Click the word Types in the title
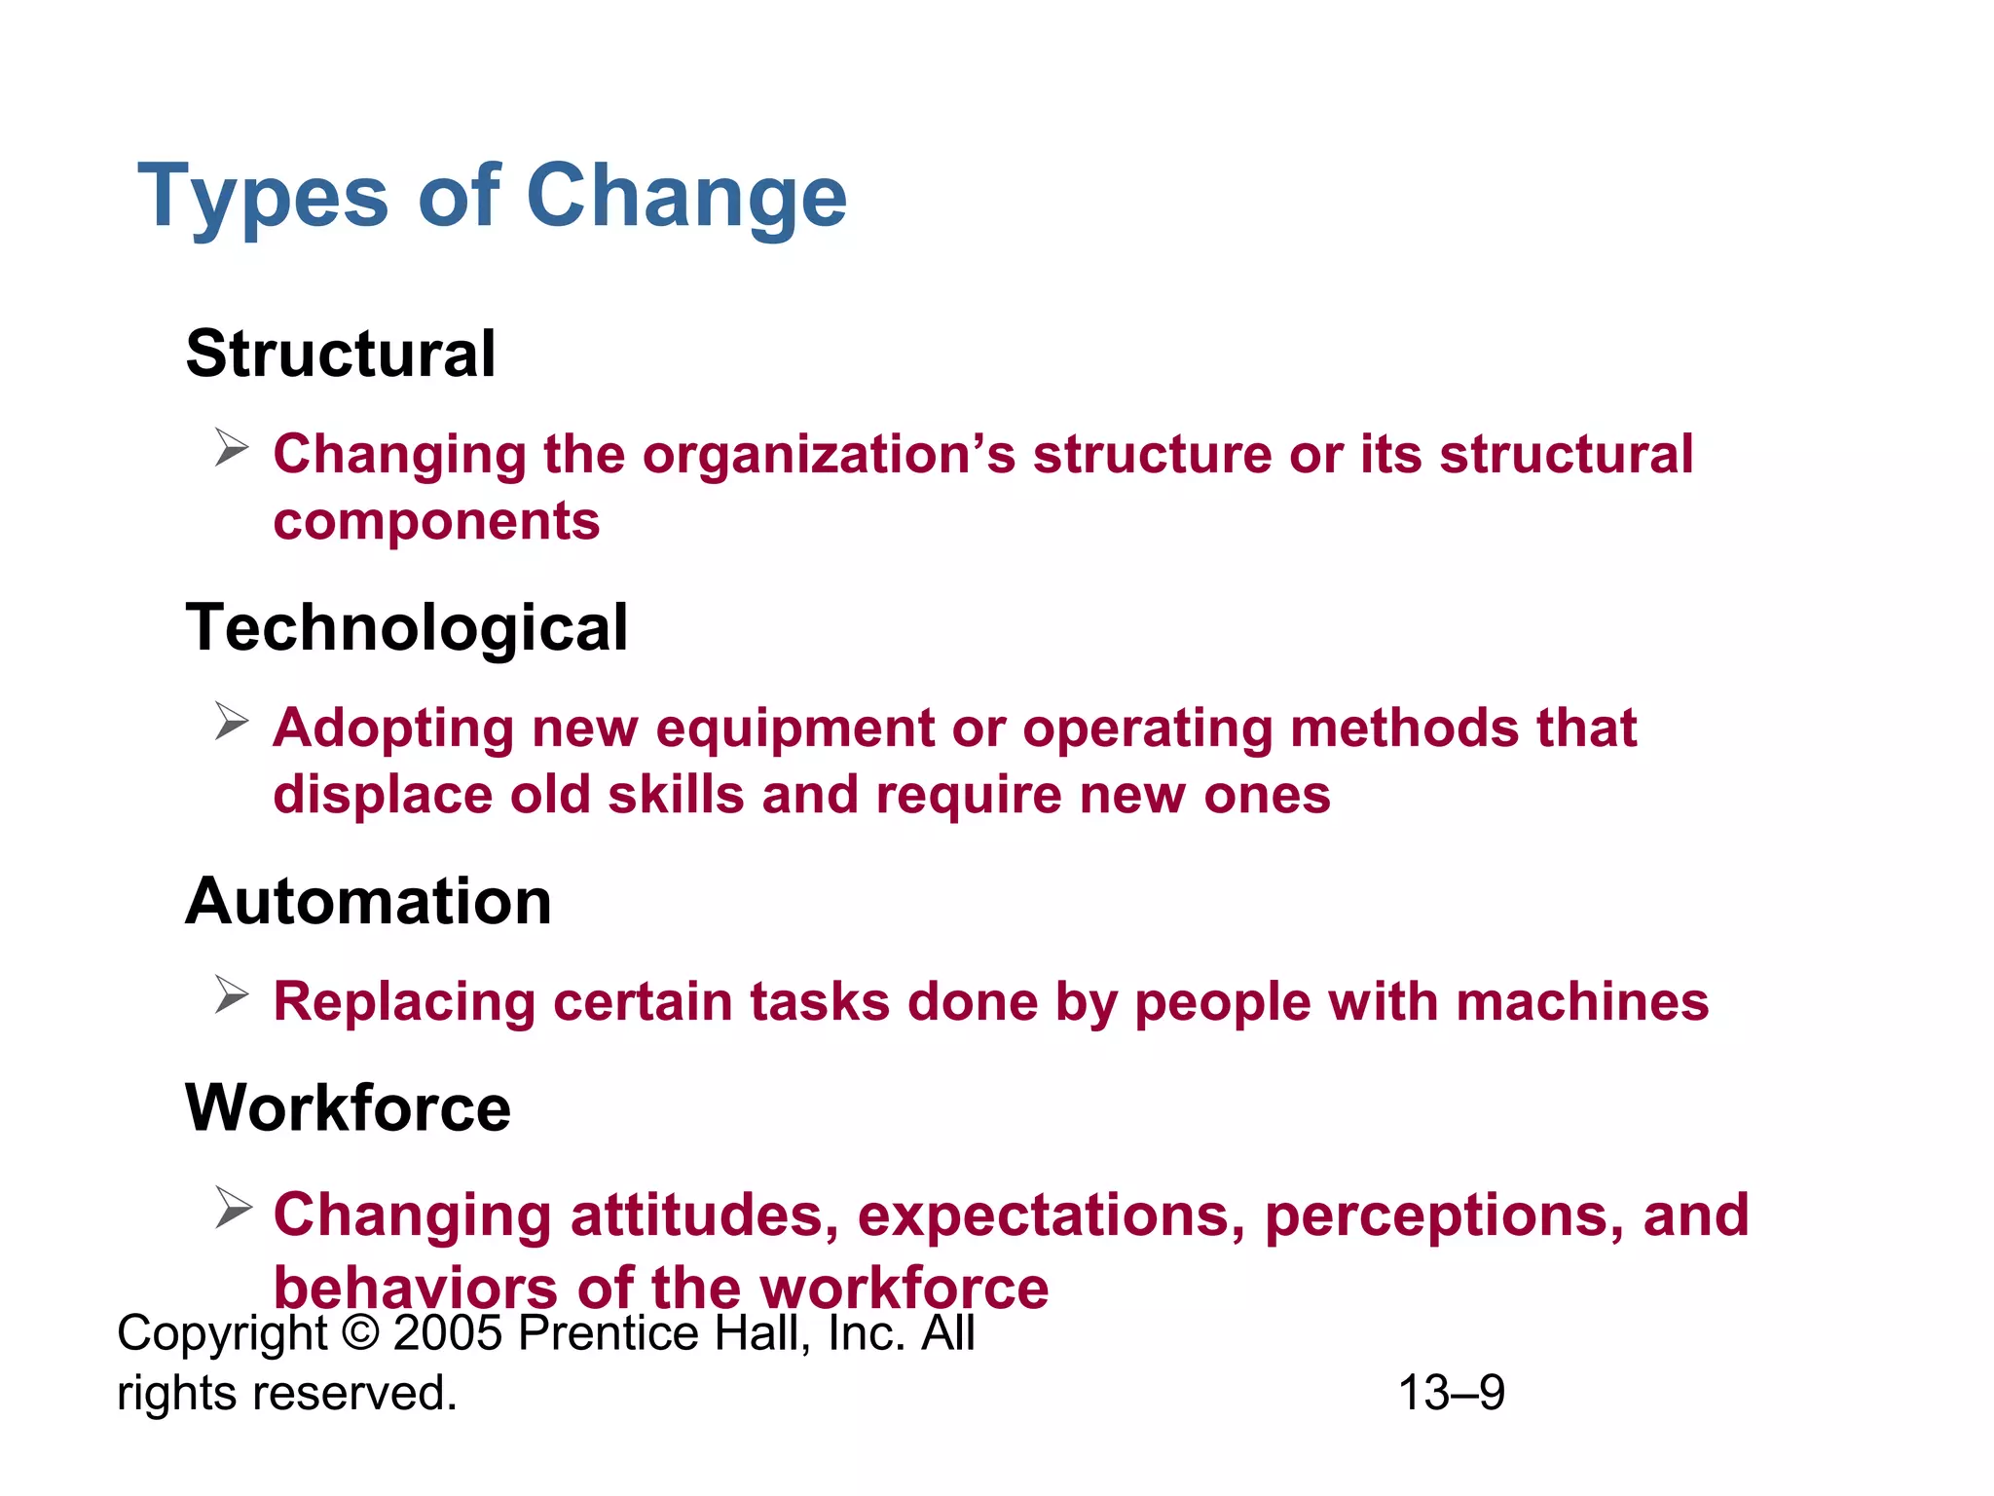tap(263, 198)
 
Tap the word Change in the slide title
tap(686, 198)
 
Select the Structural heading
tap(341, 354)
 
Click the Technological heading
tap(407, 627)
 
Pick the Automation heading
tap(369, 901)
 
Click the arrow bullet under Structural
tap(233, 448)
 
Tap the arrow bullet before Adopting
tap(233, 722)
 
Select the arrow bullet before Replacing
tap(233, 995)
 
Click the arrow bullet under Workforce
tap(233, 1209)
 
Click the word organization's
tap(829, 455)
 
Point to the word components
tap(436, 521)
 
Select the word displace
tap(383, 795)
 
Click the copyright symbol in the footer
tap(360, 1332)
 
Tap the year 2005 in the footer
tap(448, 1332)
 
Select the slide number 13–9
tap(1452, 1393)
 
